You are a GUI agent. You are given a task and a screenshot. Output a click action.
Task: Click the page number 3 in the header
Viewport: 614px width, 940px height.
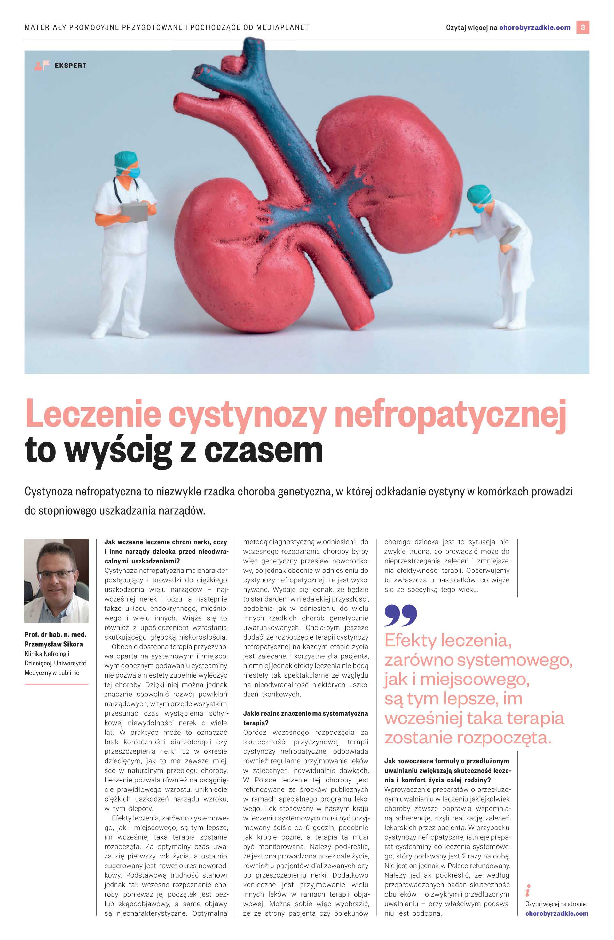(582, 27)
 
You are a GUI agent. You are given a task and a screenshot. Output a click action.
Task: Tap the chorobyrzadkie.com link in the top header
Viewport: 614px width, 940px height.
(535, 27)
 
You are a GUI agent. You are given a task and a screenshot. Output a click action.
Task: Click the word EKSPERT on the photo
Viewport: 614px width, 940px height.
(71, 66)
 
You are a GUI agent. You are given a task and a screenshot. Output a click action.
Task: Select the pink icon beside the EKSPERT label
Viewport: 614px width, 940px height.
(42, 65)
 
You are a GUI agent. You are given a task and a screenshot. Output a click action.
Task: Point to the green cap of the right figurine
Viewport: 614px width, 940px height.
(478, 194)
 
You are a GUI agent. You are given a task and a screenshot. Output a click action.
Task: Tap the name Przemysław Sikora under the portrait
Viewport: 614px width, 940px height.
(54, 644)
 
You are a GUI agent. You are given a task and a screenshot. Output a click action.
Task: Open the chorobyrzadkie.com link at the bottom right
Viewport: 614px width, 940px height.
(557, 913)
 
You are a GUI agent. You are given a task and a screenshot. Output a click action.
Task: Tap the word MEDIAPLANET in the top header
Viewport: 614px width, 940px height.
(282, 27)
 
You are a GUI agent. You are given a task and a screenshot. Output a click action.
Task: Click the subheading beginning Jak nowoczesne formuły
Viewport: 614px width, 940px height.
(446, 761)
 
